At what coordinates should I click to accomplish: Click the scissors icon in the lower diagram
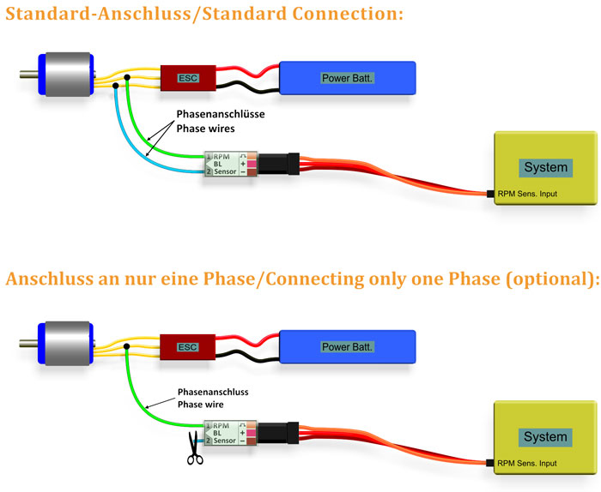(x=196, y=452)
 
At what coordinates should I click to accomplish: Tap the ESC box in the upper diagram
(x=187, y=78)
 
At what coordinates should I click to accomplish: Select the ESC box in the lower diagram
(x=185, y=347)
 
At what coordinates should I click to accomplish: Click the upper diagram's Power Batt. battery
(x=348, y=78)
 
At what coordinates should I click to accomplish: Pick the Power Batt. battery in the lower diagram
(x=347, y=347)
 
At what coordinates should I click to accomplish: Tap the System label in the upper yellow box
(x=545, y=167)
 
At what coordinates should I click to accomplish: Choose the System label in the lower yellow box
(x=545, y=436)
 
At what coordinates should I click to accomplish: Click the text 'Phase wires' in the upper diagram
(x=205, y=128)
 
